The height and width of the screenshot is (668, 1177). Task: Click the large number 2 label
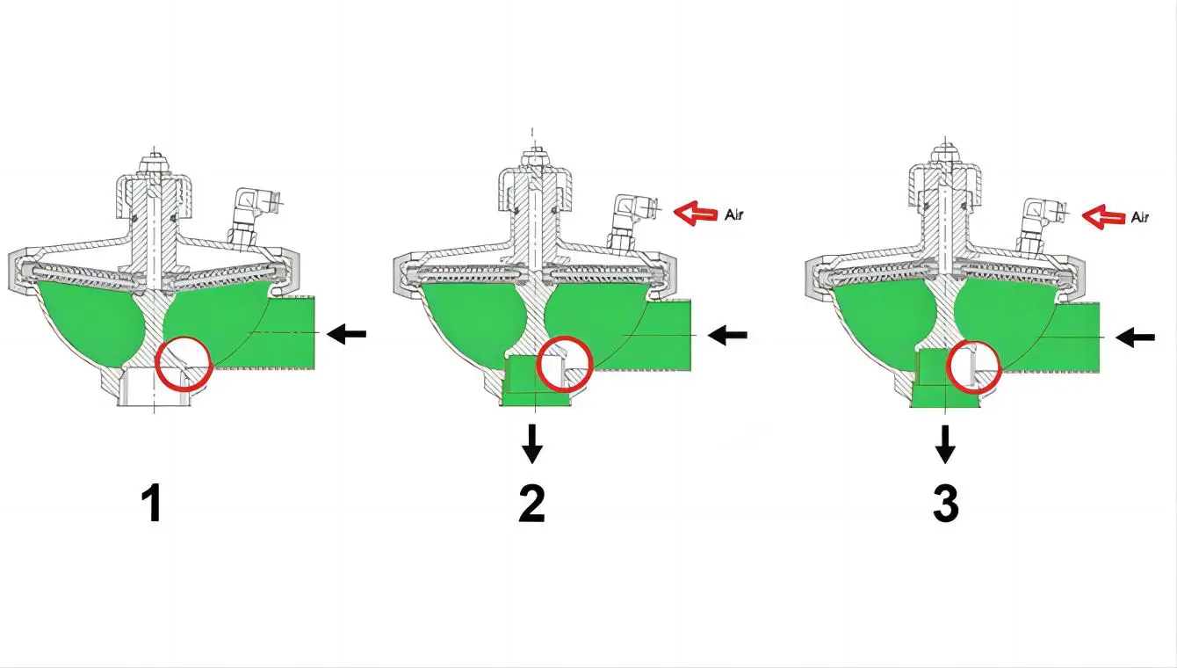click(532, 504)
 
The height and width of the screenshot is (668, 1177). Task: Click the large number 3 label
click(945, 504)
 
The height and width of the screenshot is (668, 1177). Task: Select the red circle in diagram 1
click(184, 363)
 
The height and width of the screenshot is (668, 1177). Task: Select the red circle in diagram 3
click(973, 366)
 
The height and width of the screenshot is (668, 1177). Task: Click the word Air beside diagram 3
click(1139, 216)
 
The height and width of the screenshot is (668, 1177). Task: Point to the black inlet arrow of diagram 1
click(346, 333)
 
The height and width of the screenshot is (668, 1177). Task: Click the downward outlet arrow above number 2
click(531, 444)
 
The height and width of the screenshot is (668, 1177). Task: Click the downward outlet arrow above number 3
click(944, 444)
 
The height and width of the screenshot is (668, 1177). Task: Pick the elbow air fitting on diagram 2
click(631, 217)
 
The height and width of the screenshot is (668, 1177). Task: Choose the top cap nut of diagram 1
click(155, 163)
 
